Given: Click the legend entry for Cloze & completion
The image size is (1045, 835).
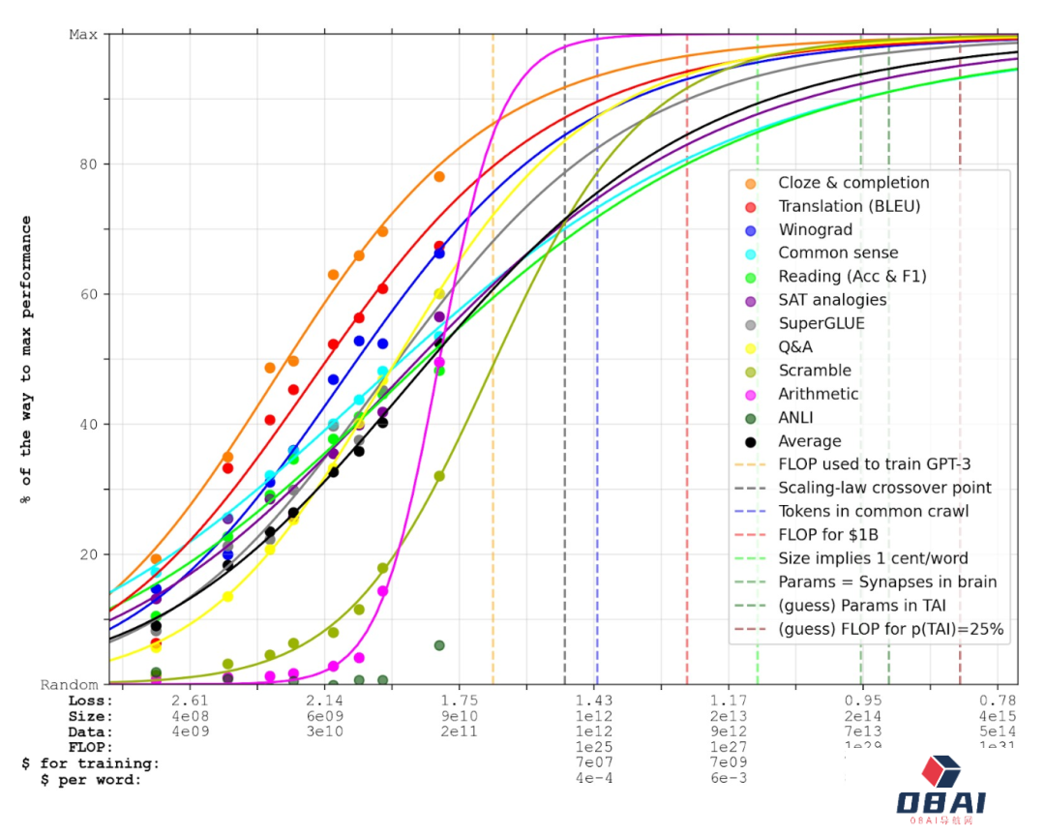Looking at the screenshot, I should click(x=852, y=183).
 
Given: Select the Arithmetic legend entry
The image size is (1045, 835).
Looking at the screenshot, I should click(x=818, y=394).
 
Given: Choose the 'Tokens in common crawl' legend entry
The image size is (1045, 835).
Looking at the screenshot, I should click(x=874, y=512).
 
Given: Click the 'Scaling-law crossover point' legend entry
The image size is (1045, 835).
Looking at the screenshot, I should click(x=884, y=489).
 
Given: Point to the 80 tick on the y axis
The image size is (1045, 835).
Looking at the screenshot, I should click(x=87, y=164).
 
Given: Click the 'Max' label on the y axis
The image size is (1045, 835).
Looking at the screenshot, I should click(x=83, y=35).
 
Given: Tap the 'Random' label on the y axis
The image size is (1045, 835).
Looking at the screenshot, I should click(x=69, y=685).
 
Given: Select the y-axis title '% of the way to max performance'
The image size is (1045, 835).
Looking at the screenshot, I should click(x=26, y=359).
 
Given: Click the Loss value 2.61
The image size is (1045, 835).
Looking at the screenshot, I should click(x=189, y=701).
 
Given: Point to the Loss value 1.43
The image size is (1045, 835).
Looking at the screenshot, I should click(x=593, y=701).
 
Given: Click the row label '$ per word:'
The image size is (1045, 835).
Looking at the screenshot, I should click(x=91, y=779).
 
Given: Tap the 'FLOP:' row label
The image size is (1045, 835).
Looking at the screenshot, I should click(x=90, y=747).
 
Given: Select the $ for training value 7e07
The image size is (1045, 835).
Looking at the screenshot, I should click(x=593, y=762).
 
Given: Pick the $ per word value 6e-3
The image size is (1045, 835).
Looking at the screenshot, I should click(x=728, y=778).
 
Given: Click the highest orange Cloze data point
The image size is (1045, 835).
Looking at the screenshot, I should click(x=439, y=177).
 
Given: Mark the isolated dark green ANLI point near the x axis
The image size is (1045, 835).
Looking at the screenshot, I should click(x=439, y=645).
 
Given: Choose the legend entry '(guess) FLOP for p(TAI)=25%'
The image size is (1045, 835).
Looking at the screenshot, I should click(x=891, y=629).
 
